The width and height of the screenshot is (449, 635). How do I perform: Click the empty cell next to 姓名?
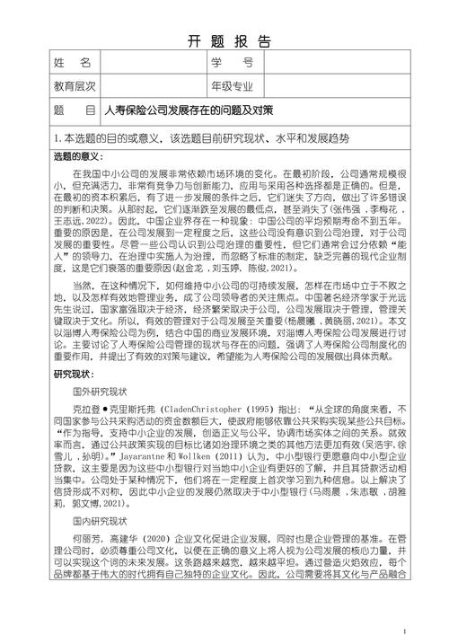click(x=152, y=63)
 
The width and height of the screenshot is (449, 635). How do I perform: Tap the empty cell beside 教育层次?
click(x=152, y=86)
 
